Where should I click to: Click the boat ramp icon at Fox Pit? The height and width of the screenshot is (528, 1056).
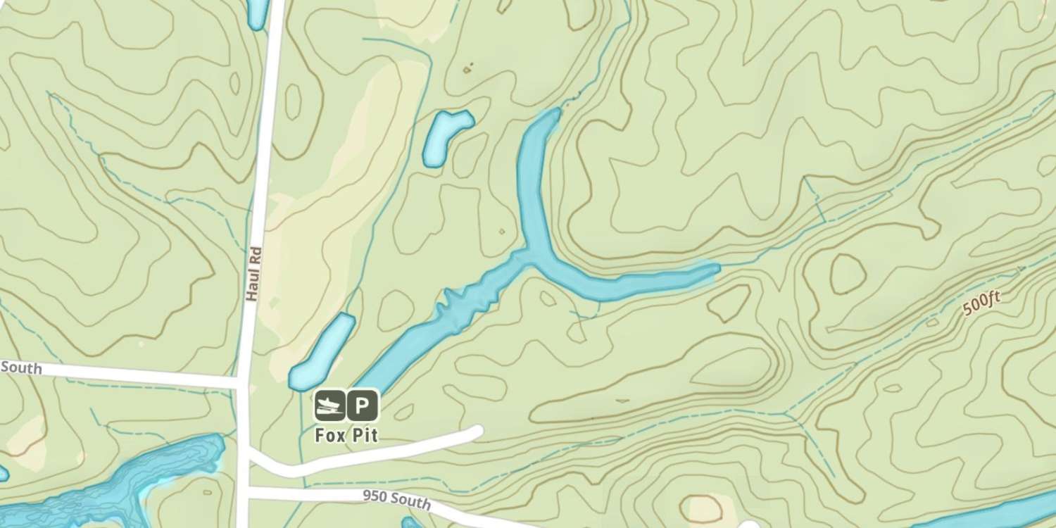pyautogui.click(x=329, y=406)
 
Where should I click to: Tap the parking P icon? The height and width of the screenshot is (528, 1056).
pyautogui.click(x=363, y=406)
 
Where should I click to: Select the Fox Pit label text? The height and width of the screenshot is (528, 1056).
pyautogui.click(x=346, y=435)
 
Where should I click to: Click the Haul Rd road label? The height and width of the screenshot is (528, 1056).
pyautogui.click(x=254, y=274)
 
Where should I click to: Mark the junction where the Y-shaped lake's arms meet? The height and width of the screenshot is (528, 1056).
pyautogui.click(x=529, y=255)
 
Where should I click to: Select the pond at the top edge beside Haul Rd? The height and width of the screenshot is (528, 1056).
pyautogui.click(x=256, y=13)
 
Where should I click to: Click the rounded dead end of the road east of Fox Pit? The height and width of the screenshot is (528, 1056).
pyautogui.click(x=477, y=431)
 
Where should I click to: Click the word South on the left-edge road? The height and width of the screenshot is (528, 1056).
pyautogui.click(x=21, y=367)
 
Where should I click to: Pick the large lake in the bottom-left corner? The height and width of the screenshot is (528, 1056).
pyautogui.click(x=106, y=486)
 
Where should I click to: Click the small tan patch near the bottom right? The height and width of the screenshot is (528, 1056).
pyautogui.click(x=703, y=508)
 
